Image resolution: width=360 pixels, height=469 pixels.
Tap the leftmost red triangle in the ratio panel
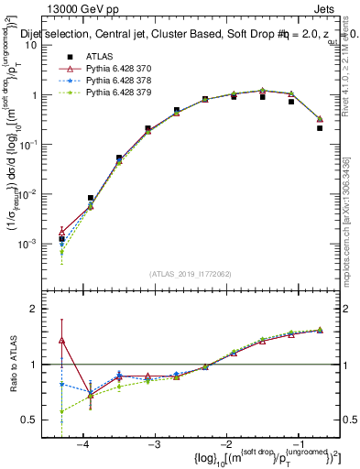click(x=61, y=341)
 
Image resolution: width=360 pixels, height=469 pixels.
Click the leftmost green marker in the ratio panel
click(x=61, y=411)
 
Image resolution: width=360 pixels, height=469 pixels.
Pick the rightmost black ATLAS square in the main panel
click(x=320, y=128)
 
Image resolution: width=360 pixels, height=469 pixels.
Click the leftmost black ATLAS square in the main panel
click(x=61, y=239)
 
